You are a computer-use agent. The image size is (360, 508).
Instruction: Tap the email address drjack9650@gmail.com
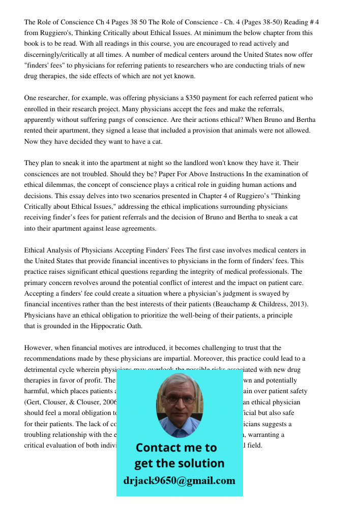[179, 481]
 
